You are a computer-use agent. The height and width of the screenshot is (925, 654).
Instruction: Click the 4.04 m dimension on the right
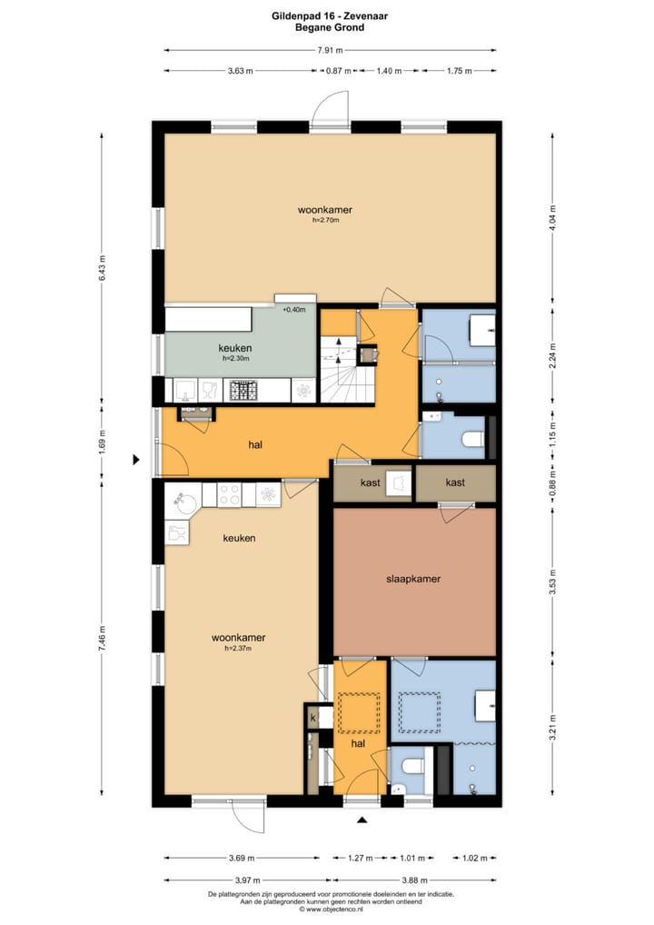[x=553, y=217]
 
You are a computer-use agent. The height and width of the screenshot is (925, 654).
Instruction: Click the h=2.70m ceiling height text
[x=325, y=220]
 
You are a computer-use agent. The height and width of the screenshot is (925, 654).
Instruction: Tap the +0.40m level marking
[x=294, y=310]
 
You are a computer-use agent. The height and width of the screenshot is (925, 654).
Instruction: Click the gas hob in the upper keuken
[x=243, y=391]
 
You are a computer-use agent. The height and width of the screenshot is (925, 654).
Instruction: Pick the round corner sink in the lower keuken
[x=181, y=499]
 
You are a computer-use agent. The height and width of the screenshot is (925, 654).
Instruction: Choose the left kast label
[x=370, y=482]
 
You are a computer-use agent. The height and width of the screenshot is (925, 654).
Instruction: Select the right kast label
[x=455, y=482]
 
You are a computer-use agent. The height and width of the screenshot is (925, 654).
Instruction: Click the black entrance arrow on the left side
[x=136, y=460]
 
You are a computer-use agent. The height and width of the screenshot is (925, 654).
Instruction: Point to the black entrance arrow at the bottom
[x=362, y=821]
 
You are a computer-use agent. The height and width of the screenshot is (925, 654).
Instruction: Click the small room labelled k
[x=313, y=718]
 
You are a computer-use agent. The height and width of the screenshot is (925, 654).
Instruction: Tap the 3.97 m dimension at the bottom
[x=242, y=880]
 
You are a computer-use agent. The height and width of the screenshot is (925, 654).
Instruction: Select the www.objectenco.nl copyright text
[x=330, y=908]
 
